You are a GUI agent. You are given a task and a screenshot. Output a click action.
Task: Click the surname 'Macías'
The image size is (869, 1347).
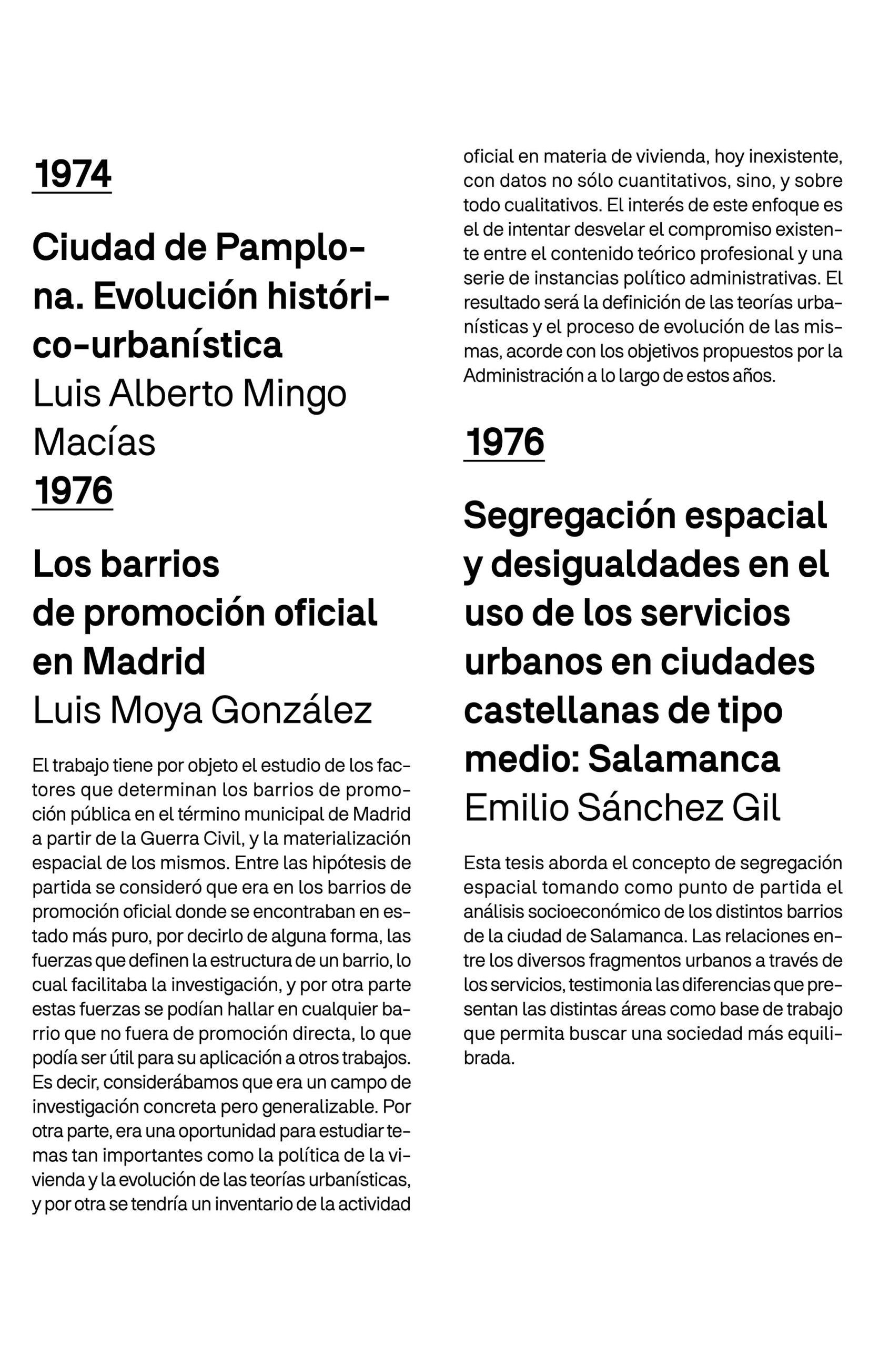94,442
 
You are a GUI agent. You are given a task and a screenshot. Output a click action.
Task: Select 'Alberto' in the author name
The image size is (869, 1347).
171,394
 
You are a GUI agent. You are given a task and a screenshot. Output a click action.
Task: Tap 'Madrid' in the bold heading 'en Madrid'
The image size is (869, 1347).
144,661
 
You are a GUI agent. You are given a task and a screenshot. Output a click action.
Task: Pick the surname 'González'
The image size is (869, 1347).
291,710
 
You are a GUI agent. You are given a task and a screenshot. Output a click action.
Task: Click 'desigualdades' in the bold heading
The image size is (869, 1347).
614,564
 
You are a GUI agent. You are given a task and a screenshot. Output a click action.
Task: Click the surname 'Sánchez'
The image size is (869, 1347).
650,808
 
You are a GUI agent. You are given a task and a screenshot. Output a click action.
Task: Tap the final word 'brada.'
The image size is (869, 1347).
489,1058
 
